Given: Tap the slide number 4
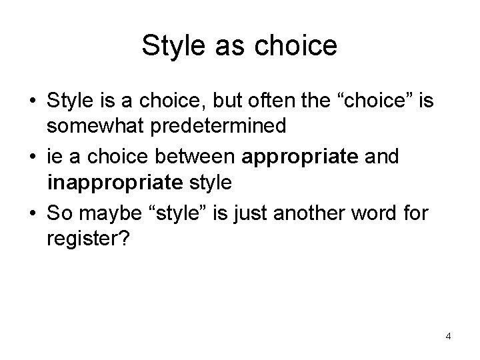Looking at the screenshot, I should pos(448,336).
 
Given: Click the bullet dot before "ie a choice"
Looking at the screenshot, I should pos(32,158).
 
